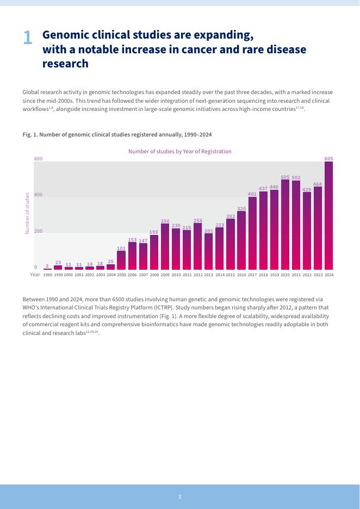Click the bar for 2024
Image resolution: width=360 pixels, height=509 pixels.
(x=328, y=216)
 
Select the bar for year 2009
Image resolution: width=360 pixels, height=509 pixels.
(x=165, y=247)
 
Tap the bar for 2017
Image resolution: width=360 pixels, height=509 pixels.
(x=252, y=233)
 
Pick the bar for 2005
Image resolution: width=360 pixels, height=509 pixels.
(x=121, y=260)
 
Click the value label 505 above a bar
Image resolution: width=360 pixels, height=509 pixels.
(x=285, y=177)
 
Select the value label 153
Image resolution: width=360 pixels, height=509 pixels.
(x=132, y=239)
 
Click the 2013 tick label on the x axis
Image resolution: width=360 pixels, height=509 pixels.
(x=209, y=275)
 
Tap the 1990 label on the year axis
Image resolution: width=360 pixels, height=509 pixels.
(x=48, y=275)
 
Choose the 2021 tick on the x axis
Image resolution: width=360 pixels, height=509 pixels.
(x=296, y=275)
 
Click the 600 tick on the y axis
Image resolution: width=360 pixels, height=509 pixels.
(x=39, y=159)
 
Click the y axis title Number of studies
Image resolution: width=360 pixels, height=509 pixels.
(x=27, y=213)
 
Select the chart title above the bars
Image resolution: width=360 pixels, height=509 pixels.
(x=179, y=151)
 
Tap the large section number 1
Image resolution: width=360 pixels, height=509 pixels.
(x=28, y=38)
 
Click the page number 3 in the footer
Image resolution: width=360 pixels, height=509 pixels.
(x=179, y=496)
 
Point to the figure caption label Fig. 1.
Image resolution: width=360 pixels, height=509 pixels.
(x=29, y=134)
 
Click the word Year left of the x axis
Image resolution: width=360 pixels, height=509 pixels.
(x=35, y=275)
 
